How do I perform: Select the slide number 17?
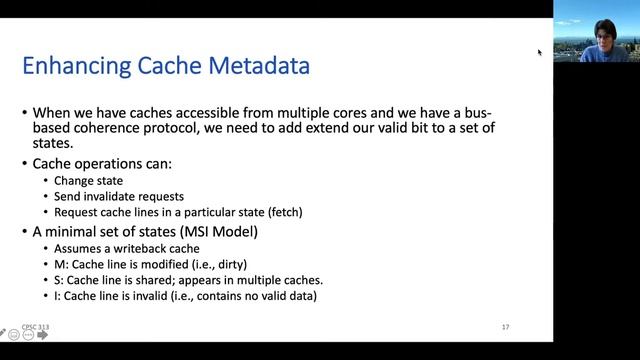pyautogui.click(x=506, y=326)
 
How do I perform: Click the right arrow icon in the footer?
pyautogui.click(x=42, y=335)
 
